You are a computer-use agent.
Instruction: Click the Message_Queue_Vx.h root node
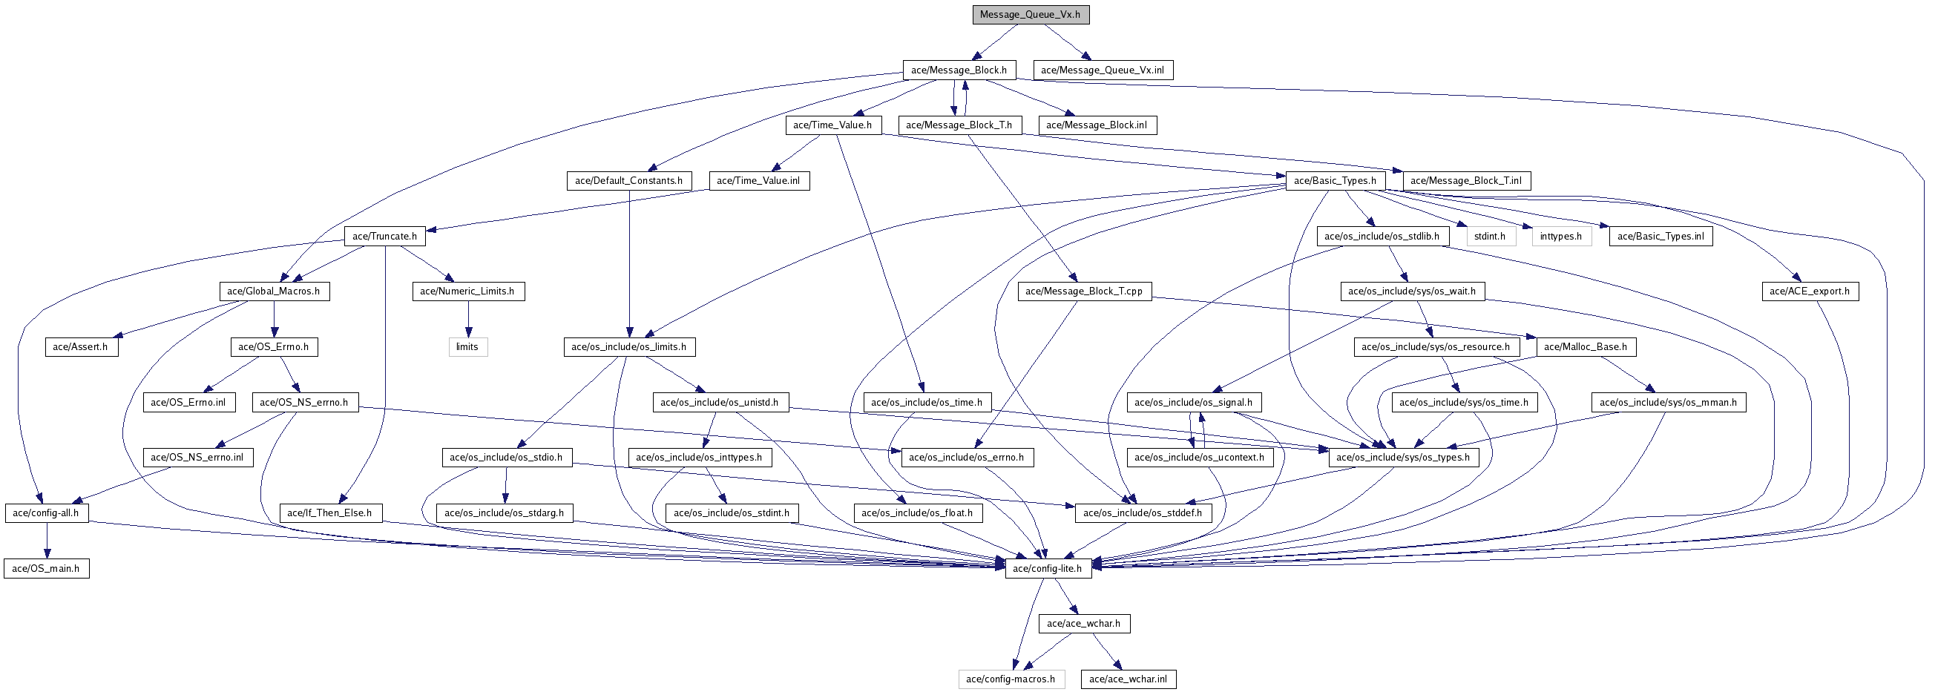point(1030,14)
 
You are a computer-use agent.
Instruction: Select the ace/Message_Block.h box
point(959,70)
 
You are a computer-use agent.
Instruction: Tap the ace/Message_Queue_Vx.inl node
point(1102,70)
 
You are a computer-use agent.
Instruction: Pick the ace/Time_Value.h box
point(832,125)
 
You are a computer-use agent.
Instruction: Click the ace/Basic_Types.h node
point(1335,180)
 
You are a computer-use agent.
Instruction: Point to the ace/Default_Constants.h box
point(628,180)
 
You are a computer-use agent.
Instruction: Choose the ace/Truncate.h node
point(384,236)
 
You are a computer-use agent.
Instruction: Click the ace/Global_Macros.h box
point(274,291)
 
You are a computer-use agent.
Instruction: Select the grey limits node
point(467,347)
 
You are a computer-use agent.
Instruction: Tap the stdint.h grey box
point(1490,236)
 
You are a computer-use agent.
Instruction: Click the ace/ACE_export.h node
point(1810,291)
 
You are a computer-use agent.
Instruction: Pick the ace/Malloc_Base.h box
point(1585,347)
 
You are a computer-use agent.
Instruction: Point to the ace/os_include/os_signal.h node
point(1193,403)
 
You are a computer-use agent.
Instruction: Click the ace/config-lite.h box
point(1047,569)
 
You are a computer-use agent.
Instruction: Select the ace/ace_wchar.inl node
point(1128,679)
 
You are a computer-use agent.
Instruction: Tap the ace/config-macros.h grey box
point(1011,679)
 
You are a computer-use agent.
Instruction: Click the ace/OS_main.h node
point(46,569)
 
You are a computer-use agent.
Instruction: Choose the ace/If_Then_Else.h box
point(329,513)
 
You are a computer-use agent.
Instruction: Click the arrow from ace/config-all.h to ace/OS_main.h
point(47,541)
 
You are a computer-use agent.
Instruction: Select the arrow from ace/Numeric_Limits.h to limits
point(468,319)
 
